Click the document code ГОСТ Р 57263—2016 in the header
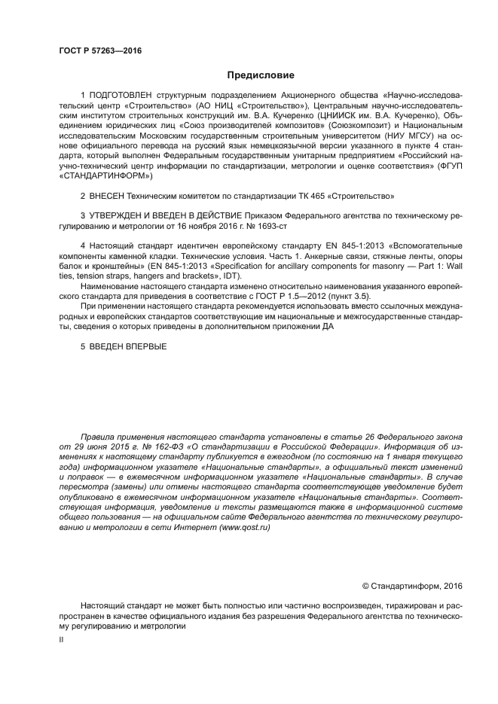[99, 50]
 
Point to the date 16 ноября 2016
[203, 225]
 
